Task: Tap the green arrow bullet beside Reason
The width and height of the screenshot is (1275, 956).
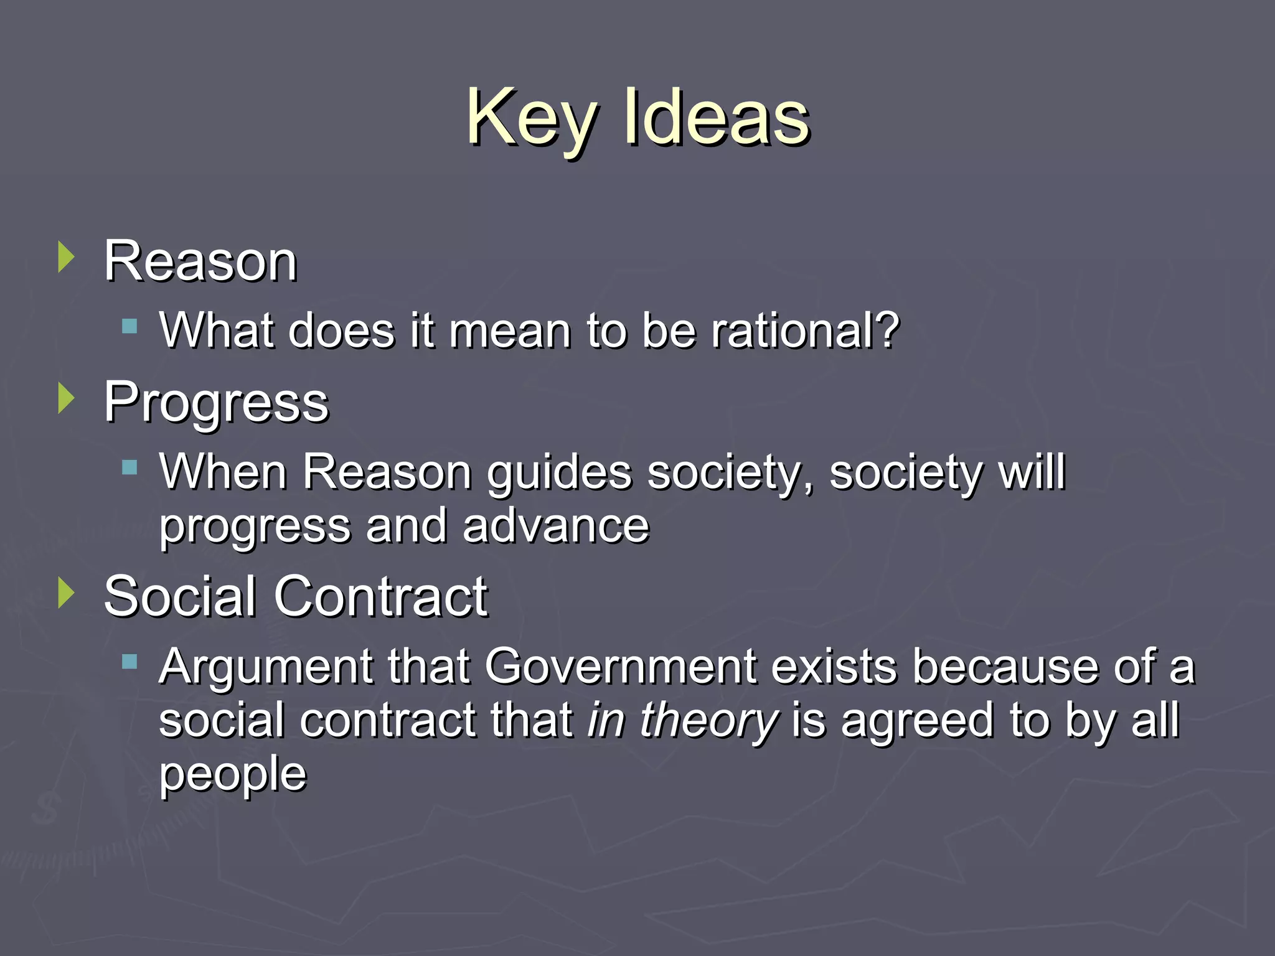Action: tap(65, 257)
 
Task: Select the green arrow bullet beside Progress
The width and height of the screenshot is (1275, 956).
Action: tap(65, 398)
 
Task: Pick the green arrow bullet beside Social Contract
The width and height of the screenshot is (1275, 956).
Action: tap(65, 593)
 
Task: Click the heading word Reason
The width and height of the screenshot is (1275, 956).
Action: tap(200, 261)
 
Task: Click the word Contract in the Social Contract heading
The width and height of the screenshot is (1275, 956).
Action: tap(381, 597)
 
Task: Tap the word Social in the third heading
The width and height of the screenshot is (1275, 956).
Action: tap(181, 597)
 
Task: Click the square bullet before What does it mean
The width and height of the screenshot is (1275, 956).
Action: tap(129, 326)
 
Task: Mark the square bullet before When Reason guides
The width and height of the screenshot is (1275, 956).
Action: tap(129, 467)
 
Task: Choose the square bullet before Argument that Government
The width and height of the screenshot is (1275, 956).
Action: tap(129, 662)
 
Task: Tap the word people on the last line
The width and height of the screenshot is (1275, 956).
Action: tap(233, 776)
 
